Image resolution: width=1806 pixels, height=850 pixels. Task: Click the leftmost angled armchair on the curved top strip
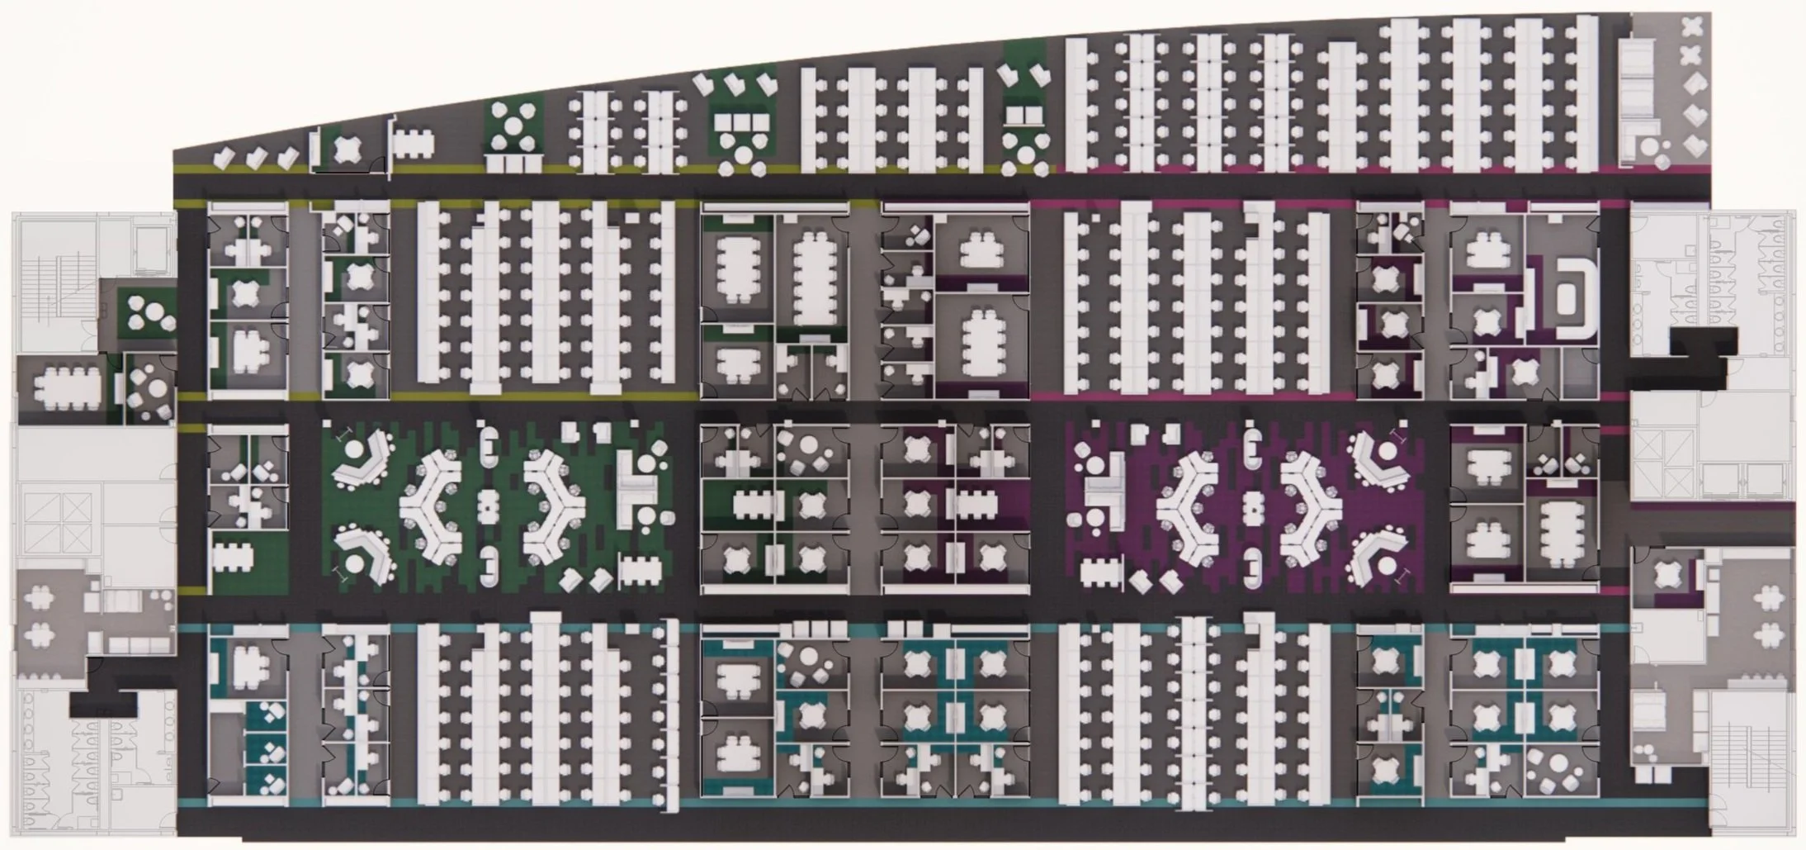[224, 157]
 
